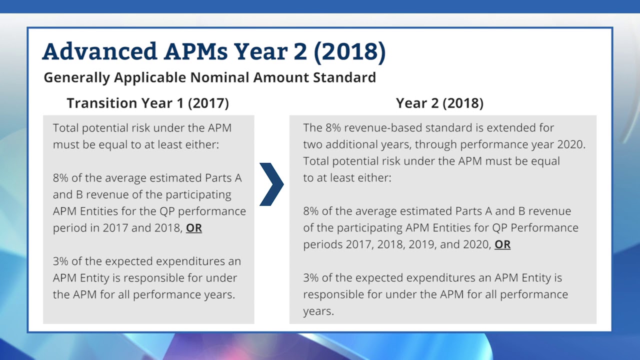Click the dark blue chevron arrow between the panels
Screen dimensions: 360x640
pyautogui.click(x=271, y=184)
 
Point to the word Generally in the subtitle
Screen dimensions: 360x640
pyautogui.click(x=76, y=77)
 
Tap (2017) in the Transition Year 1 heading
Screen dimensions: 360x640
pyautogui.click(x=208, y=103)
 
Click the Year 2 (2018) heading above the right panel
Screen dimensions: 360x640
pyautogui.click(x=439, y=103)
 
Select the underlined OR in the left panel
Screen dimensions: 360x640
pyautogui.click(x=194, y=228)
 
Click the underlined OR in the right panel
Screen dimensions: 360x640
pyautogui.click(x=502, y=244)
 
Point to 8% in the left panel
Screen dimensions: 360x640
pyautogui.click(x=62, y=178)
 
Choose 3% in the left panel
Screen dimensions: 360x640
pyautogui.click(x=62, y=261)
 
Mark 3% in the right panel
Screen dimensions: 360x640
pyautogui.click(x=312, y=277)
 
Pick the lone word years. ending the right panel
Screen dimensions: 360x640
pyautogui.click(x=318, y=311)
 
